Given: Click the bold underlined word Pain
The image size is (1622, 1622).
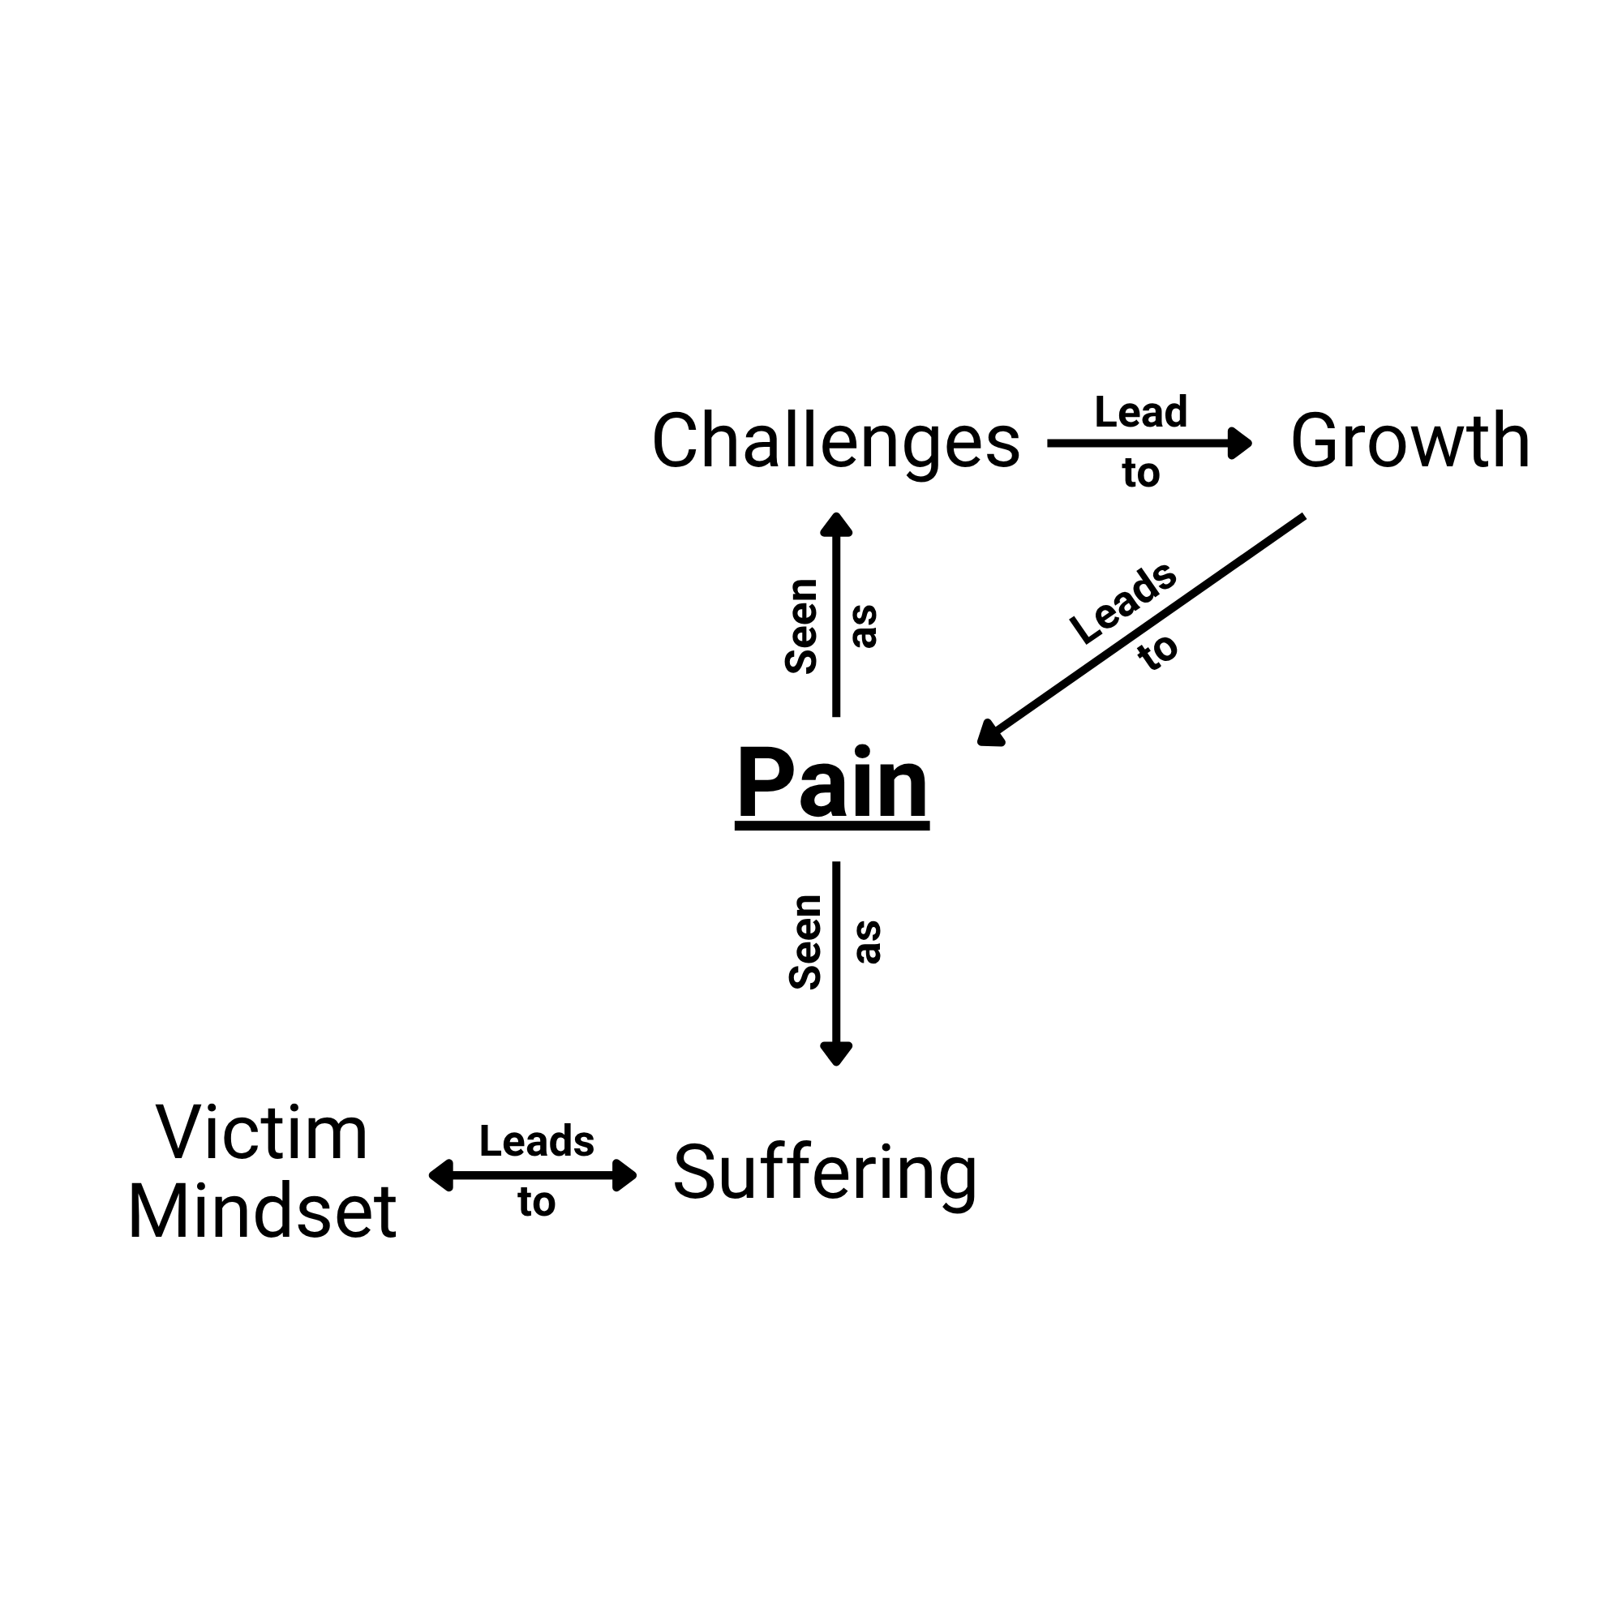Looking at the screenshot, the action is point(832,783).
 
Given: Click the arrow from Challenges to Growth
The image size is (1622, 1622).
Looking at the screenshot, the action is point(1149,443).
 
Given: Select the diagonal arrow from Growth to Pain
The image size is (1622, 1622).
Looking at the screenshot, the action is point(1141,629).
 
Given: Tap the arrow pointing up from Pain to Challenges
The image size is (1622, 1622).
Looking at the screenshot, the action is point(836,614).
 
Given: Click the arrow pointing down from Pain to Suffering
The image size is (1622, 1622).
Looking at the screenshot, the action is point(836,963).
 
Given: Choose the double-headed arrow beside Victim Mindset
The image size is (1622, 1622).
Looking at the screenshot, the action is point(533,1174).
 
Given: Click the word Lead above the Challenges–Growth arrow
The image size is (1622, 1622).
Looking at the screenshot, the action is point(1141,412).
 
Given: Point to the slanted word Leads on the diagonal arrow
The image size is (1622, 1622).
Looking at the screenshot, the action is point(1123,603).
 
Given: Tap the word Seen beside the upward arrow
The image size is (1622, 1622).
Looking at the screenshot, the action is point(802,626).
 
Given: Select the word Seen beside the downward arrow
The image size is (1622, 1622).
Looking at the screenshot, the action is point(806,942).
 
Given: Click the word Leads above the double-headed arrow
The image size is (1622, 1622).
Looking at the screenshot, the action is point(536,1141).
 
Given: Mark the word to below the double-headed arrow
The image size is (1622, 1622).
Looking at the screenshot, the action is point(536,1202).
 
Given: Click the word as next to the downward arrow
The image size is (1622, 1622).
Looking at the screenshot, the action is point(869,942).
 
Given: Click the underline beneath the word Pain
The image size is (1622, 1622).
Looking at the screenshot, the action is point(832,827).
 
